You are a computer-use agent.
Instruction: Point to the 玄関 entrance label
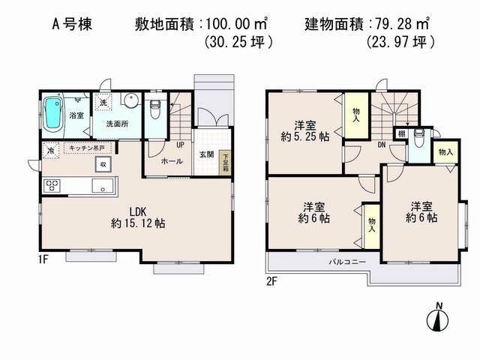pyautogui.click(x=205, y=155)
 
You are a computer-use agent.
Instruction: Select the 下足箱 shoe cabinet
pyautogui.click(x=224, y=162)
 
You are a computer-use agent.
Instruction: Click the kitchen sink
pyautogui.click(x=102, y=185)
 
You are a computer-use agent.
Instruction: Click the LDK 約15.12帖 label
pyautogui.click(x=138, y=217)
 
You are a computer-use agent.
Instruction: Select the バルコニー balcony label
pyautogui.click(x=346, y=262)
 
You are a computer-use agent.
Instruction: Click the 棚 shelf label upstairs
pyautogui.click(x=403, y=134)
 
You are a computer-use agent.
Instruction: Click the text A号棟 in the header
pyautogui.click(x=73, y=22)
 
